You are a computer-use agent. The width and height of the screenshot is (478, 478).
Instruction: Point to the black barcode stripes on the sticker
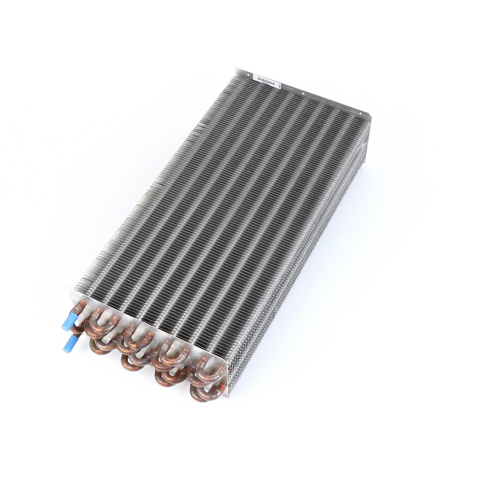(266, 80)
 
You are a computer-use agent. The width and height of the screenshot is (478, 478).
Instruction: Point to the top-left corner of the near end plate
(70, 288)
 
